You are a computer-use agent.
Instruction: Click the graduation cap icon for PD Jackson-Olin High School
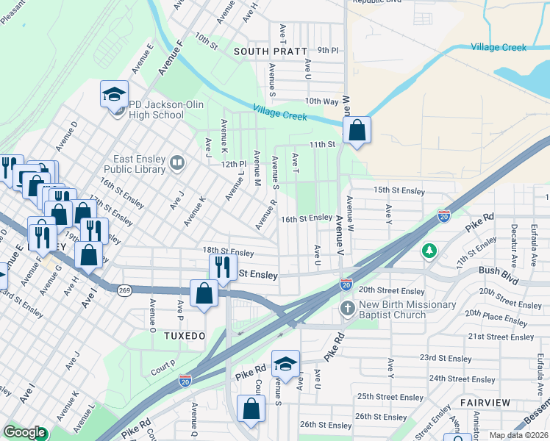click(x=115, y=94)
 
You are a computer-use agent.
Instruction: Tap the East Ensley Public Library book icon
click(x=176, y=162)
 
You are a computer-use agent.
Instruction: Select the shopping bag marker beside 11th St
click(x=357, y=131)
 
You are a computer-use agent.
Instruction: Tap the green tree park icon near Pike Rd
click(x=428, y=252)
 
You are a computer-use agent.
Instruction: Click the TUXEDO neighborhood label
click(x=183, y=335)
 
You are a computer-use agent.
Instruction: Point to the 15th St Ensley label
click(x=399, y=190)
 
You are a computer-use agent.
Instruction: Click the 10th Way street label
click(x=321, y=101)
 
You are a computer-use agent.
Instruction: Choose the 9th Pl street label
click(x=327, y=51)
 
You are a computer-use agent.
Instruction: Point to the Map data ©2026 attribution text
click(x=519, y=435)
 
